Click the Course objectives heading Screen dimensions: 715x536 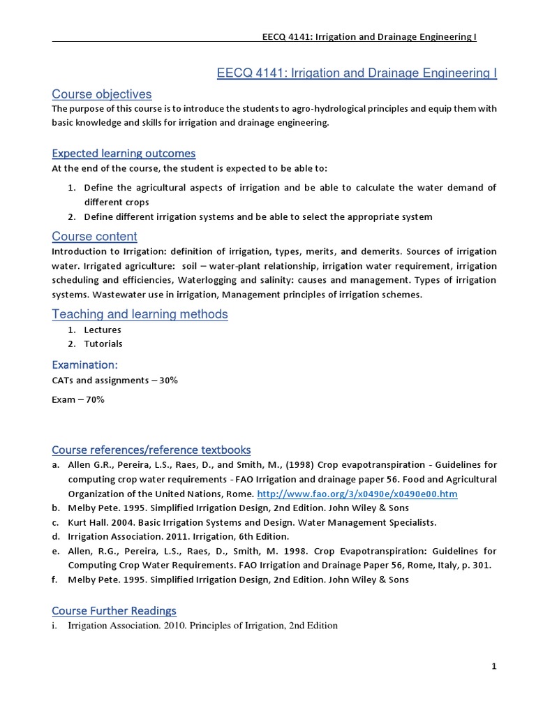click(x=101, y=94)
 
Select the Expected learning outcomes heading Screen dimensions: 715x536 click(x=124, y=153)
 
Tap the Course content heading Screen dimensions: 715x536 click(x=94, y=236)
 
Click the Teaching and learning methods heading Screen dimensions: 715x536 click(x=140, y=314)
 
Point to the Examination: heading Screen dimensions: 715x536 click(x=84, y=364)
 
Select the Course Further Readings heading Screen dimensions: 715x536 click(x=114, y=610)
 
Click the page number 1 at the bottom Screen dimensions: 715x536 click(x=493, y=667)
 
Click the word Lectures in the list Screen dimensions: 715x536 click(x=103, y=330)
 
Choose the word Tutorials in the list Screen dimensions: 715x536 click(x=103, y=344)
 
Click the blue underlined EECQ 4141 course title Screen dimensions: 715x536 click(x=357, y=73)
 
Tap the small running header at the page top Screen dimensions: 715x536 click(x=367, y=37)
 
